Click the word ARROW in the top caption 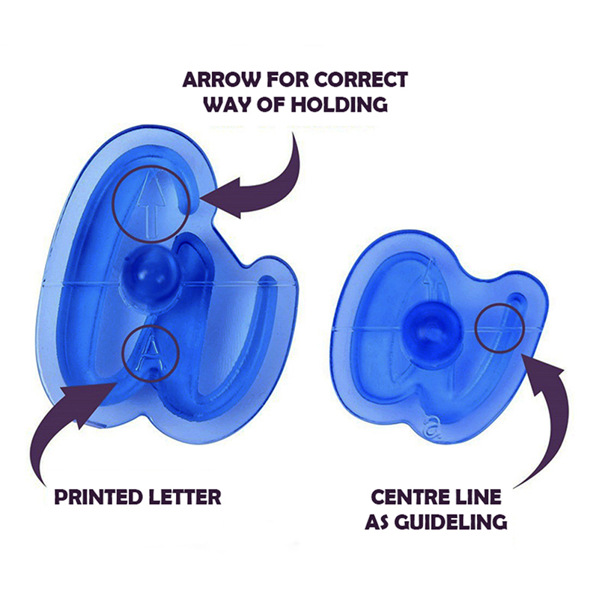(x=222, y=80)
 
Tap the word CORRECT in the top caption (x=362, y=80)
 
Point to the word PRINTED (x=98, y=497)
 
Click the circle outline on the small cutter (x=476, y=328)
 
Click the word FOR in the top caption (x=288, y=80)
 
